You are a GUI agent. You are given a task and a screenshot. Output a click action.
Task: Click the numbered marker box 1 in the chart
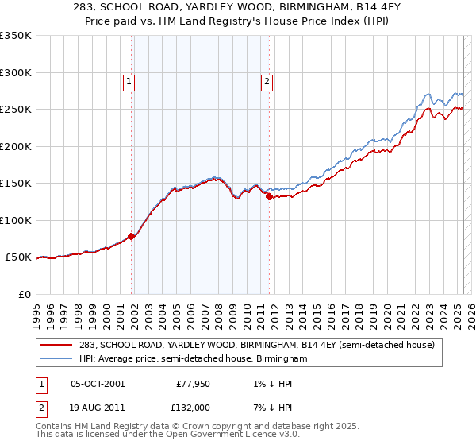pyautogui.click(x=129, y=79)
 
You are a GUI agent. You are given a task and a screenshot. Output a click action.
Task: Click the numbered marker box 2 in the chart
pyautogui.click(x=267, y=79)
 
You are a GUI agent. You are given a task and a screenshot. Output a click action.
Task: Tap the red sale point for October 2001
pyautogui.click(x=132, y=235)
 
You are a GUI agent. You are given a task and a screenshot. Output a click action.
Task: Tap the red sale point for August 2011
pyautogui.click(x=270, y=195)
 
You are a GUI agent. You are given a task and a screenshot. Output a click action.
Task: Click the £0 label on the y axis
pyautogui.click(x=24, y=294)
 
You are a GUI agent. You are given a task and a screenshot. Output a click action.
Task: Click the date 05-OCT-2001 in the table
pyautogui.click(x=98, y=384)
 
